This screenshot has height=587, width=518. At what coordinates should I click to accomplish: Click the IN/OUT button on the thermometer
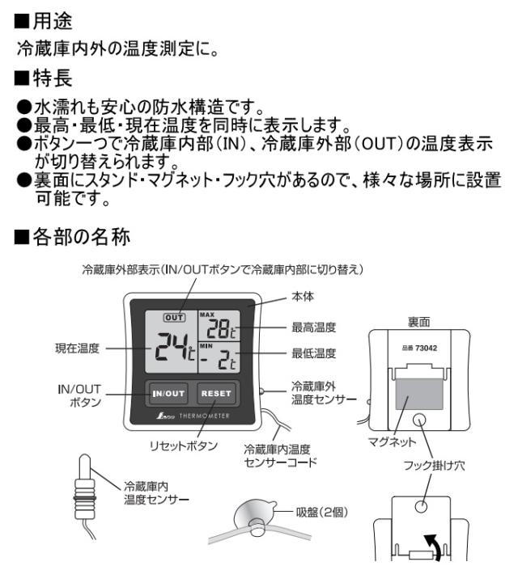[x=168, y=394]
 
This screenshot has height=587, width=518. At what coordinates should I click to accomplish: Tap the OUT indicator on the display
[x=174, y=318]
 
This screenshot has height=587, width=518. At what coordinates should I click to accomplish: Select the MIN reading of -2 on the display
[x=219, y=361]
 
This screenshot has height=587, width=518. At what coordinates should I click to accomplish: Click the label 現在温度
[x=77, y=348]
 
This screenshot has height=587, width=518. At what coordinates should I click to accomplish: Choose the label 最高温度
[x=314, y=327]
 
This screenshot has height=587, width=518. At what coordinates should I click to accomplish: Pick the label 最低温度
[x=314, y=353]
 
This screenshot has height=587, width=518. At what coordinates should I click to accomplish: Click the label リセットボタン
[x=183, y=446]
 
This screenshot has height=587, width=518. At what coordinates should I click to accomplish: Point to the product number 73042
[x=427, y=348]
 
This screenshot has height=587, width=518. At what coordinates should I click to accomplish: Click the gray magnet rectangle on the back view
[x=419, y=394]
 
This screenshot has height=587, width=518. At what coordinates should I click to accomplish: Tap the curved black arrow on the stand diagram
[x=433, y=547]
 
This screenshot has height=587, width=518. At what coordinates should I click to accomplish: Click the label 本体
[x=303, y=297]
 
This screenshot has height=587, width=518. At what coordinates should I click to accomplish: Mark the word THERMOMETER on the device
[x=204, y=416]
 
